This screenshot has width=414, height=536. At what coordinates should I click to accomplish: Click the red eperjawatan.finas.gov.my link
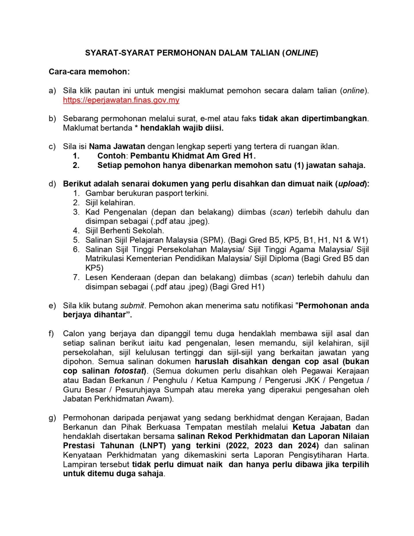click(x=121, y=100)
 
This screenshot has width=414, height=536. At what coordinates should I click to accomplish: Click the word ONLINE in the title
click(x=300, y=53)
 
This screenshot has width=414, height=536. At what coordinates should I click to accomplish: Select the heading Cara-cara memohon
click(x=89, y=72)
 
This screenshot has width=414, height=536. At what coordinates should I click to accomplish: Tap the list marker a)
click(x=52, y=91)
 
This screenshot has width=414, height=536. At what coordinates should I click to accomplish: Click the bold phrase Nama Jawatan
click(x=117, y=146)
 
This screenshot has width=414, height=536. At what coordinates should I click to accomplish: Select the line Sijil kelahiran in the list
click(x=110, y=203)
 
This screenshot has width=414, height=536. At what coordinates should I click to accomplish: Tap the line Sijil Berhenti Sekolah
click(x=124, y=231)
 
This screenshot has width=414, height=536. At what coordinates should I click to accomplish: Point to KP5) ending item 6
click(x=94, y=268)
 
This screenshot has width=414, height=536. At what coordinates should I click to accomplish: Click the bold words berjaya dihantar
click(x=97, y=315)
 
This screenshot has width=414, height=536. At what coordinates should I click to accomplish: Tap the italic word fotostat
click(x=129, y=371)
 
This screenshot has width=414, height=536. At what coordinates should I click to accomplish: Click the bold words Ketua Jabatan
click(x=321, y=427)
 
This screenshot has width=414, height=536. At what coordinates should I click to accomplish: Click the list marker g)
click(x=52, y=418)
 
